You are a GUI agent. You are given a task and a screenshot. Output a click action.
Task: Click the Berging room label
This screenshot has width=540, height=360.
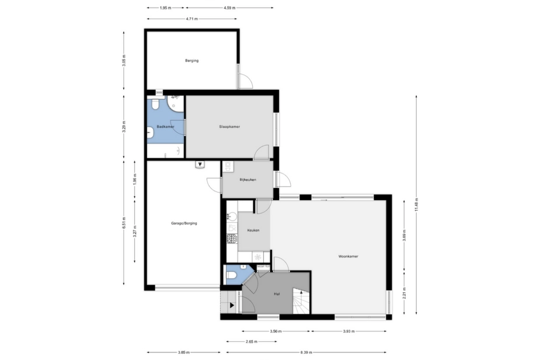coord(192,61)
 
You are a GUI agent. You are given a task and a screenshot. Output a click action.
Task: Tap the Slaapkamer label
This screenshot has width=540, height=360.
coord(229,127)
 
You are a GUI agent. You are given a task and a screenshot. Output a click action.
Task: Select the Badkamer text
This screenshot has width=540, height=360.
coord(165,127)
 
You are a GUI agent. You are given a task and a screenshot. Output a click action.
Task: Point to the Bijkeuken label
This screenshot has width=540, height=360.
coord(248,180)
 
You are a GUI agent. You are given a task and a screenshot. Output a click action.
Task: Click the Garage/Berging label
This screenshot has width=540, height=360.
coord(184,223)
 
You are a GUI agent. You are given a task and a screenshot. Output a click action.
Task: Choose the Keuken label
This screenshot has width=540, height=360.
coord(253,230)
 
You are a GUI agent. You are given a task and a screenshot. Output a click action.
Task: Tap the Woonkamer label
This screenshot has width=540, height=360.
coord(348,256)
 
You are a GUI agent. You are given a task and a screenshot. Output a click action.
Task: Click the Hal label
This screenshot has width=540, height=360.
coord(277,294)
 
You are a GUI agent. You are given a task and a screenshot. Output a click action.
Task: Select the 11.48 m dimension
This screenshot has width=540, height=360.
coord(416,205)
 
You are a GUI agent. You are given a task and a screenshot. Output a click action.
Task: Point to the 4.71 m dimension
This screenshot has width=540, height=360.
coord(192,19)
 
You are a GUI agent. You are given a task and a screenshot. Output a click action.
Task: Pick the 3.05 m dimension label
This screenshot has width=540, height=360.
coord(124,61)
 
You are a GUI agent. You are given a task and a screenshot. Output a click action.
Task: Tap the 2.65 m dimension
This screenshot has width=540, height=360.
coord(252,341)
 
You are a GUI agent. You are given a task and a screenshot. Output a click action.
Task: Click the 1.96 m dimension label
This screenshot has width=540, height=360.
coord(135,179)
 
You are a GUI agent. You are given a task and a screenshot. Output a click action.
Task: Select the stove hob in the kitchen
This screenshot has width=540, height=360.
coord(232,238)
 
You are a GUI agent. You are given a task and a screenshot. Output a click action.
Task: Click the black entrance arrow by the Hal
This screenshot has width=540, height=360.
coord(232,305)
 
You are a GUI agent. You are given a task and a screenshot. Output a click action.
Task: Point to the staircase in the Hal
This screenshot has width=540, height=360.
coord(301,301)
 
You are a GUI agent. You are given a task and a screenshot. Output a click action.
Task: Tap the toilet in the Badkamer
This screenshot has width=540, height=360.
coord(154,104)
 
